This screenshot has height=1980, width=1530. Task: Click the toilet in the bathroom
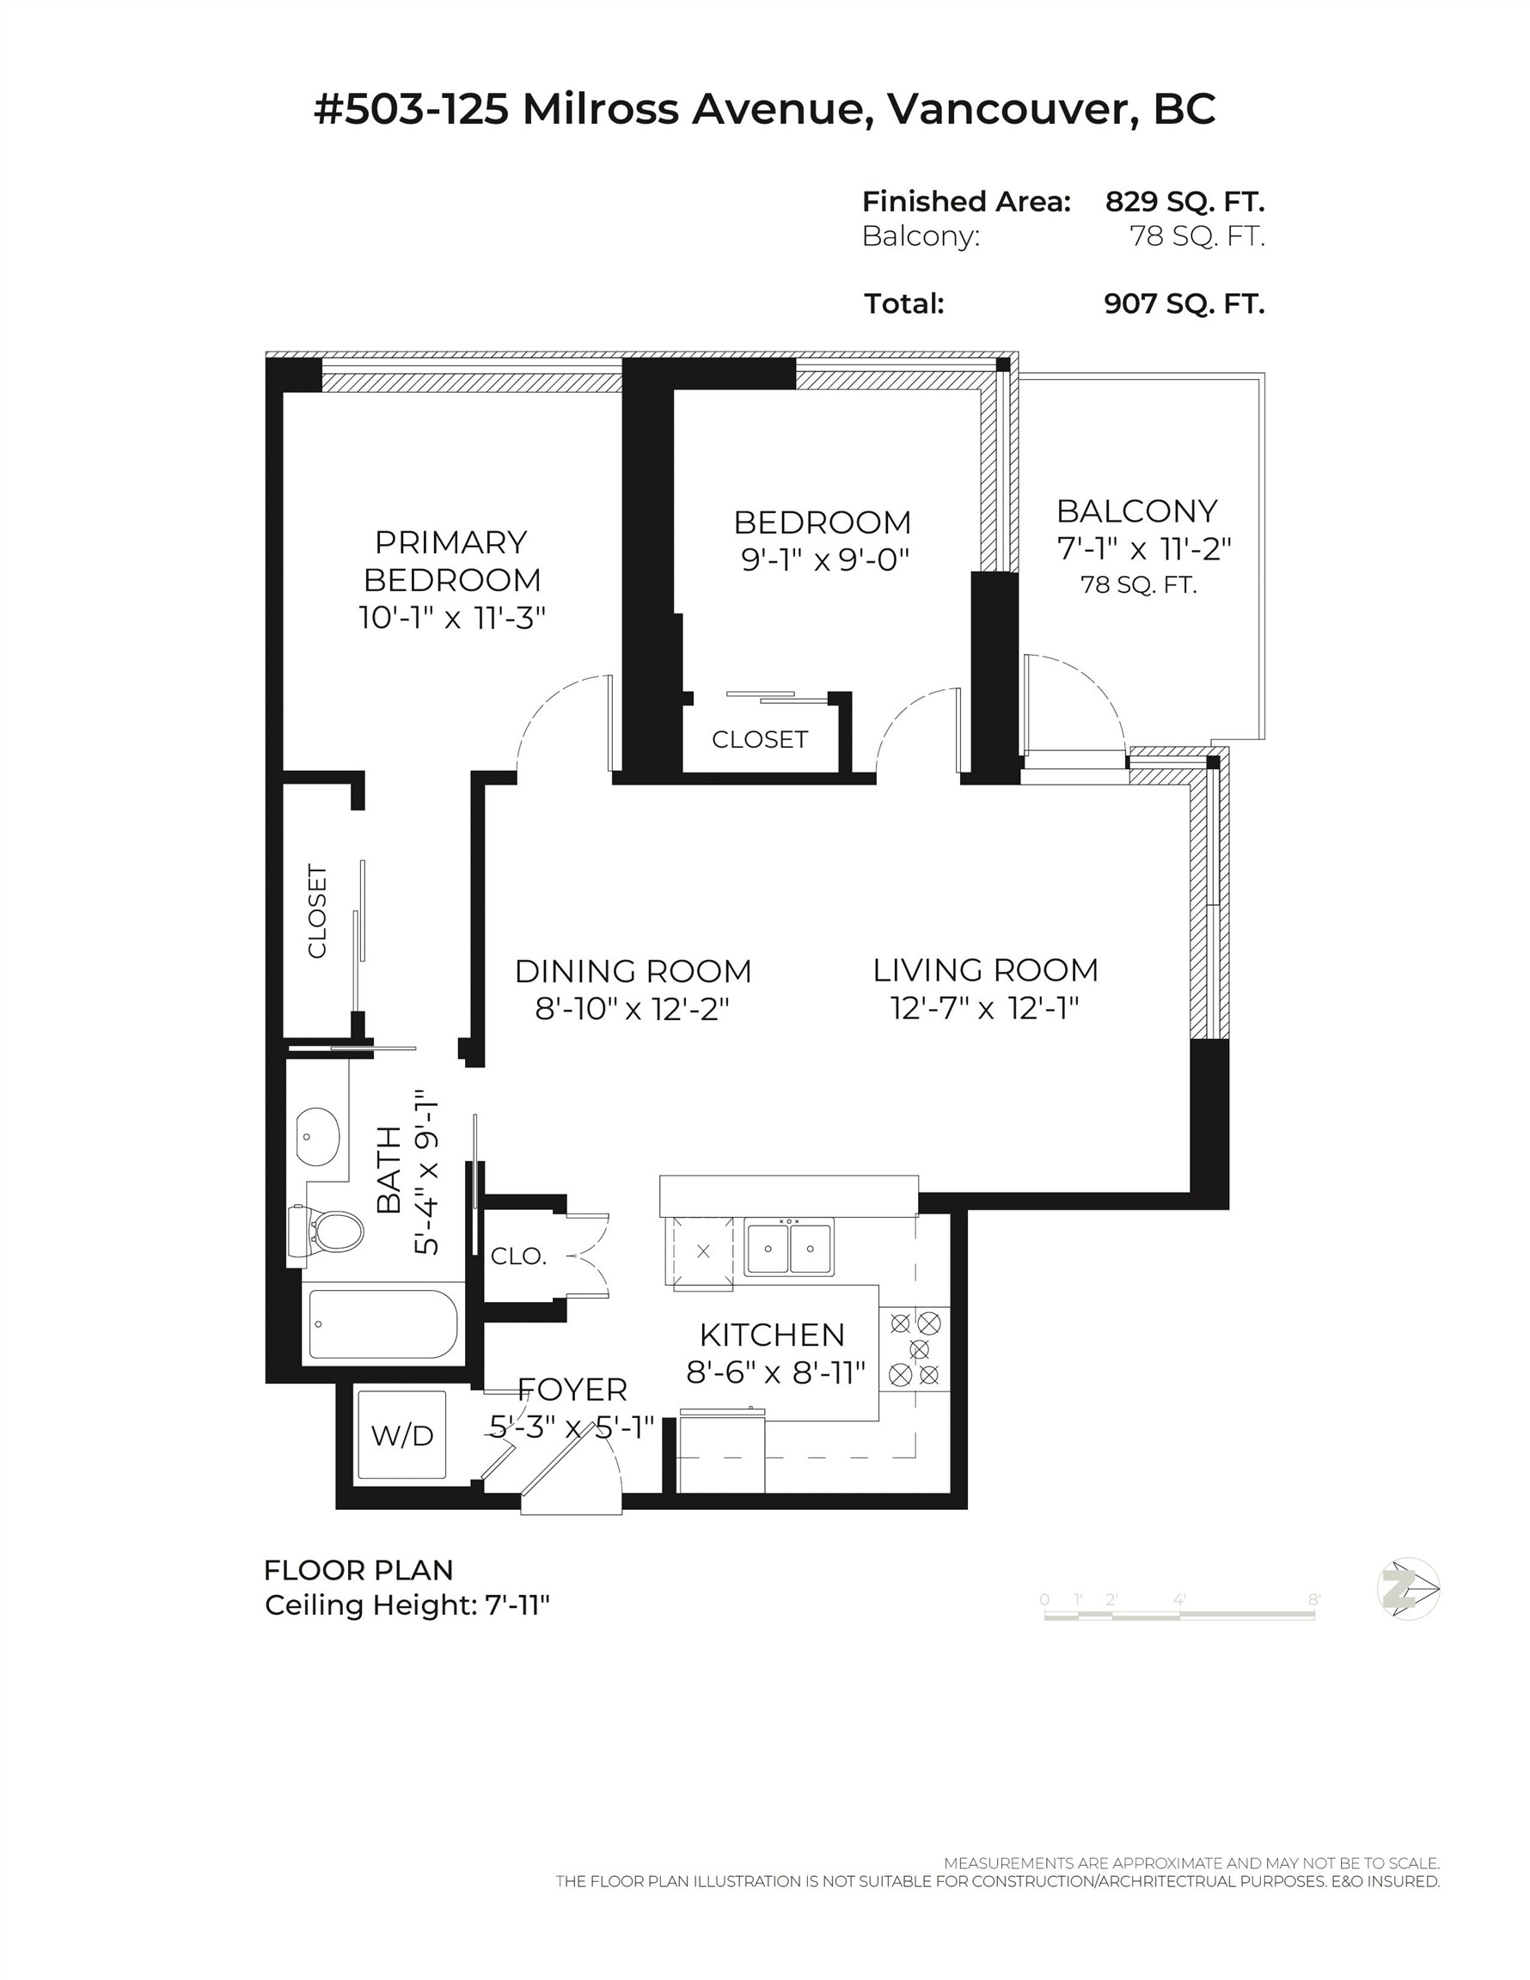point(332,1231)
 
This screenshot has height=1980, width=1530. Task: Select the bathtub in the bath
point(382,1324)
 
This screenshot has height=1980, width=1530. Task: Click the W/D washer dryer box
point(401,1434)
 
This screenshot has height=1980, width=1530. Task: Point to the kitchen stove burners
point(915,1348)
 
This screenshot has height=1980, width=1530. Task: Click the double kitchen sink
point(788,1249)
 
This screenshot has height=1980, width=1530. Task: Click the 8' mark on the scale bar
point(1313,1600)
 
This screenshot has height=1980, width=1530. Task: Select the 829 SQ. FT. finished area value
point(1184,201)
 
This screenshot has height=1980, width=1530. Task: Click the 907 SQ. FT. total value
point(1184,303)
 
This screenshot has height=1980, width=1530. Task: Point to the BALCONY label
point(1135,511)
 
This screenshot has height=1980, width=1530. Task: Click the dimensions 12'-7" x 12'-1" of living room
point(985,1008)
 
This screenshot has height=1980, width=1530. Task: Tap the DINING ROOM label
point(633,971)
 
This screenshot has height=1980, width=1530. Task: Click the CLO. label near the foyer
point(517,1256)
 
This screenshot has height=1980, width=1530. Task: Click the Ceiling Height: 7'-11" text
point(407,1604)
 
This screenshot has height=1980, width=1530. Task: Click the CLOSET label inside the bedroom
point(759,740)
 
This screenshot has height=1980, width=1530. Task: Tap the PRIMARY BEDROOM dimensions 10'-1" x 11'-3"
point(451,618)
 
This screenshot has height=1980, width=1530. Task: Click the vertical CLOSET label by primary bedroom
point(317,911)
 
